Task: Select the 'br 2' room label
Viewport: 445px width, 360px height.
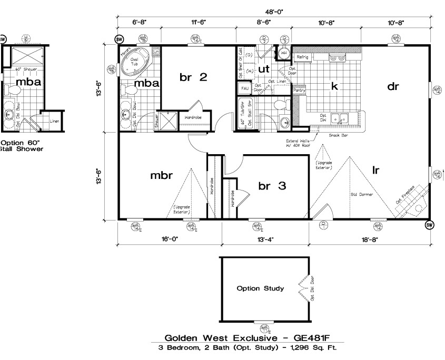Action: click(x=193, y=77)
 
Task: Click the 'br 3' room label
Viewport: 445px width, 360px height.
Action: click(x=272, y=185)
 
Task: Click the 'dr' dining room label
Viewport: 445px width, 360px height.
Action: click(x=393, y=87)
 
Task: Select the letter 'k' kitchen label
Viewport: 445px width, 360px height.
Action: click(x=333, y=85)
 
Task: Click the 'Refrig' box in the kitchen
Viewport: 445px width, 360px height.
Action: click(x=302, y=57)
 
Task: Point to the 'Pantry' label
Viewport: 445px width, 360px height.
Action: click(x=299, y=91)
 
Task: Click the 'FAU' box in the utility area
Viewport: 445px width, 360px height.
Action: click(x=245, y=88)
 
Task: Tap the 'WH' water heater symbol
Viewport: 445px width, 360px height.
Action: click(x=284, y=54)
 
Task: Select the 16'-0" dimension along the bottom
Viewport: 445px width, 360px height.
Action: click(x=169, y=239)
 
